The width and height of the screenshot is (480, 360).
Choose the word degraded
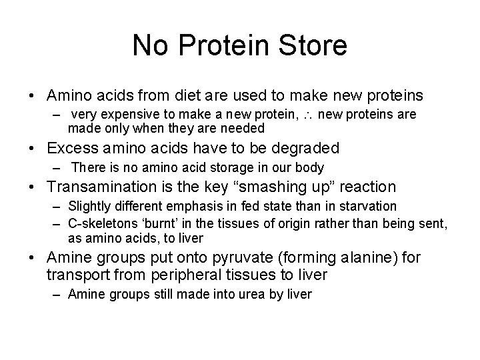pyautogui.click(x=303, y=147)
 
